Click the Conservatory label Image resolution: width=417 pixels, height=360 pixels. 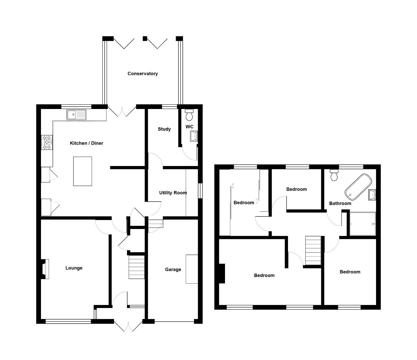142,74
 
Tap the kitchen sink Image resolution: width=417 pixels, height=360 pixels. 76,115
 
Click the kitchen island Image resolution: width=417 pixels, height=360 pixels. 82,171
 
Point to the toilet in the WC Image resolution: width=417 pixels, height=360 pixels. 189,115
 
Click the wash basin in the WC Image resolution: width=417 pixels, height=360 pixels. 194,136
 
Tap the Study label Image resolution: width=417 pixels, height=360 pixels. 164,129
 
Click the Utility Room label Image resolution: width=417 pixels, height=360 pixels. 173,193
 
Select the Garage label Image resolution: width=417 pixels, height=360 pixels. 173,269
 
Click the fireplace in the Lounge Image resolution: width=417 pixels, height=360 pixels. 45,269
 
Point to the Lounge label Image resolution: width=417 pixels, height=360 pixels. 74,268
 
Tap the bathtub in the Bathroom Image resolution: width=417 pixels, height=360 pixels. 358,186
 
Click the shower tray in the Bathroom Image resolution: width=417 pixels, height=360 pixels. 363,224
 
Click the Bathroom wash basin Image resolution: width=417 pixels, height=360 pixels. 372,195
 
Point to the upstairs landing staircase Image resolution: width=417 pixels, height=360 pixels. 313,250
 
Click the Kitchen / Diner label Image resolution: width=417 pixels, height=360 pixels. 86,143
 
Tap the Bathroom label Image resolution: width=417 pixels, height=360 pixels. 340,203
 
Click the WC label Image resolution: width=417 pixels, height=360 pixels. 189,127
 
